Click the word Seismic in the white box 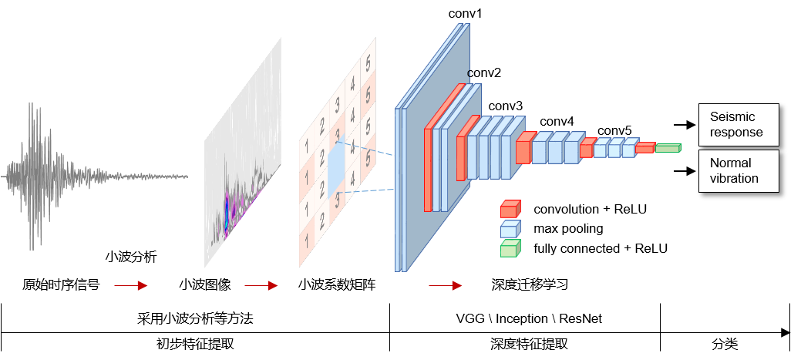tap(732, 116)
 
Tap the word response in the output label tap(736, 132)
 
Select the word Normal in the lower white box tap(730, 163)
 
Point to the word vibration tap(734, 178)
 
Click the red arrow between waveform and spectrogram tap(130, 286)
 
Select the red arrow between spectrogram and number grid tap(261, 286)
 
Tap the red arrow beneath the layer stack tap(445, 286)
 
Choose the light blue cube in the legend tap(510, 229)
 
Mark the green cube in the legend tap(510, 248)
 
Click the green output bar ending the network tap(668, 147)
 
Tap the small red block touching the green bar tap(645, 147)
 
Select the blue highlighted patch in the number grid tap(336, 170)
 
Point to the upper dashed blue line tap(365, 148)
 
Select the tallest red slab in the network tap(428, 170)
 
